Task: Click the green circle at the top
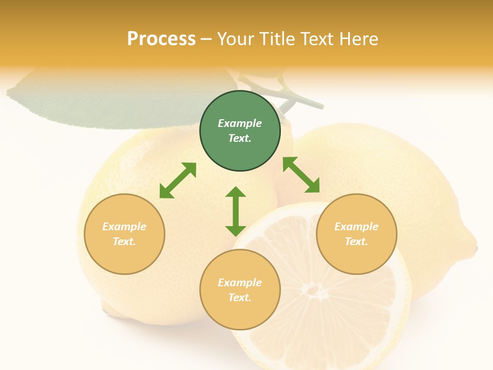click(240, 131)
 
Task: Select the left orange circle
click(124, 234)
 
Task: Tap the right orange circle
click(356, 234)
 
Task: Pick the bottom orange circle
click(240, 289)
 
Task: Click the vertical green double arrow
click(236, 211)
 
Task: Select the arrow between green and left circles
click(178, 180)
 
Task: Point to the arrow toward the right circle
click(301, 175)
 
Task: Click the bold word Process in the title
click(161, 39)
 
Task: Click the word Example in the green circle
click(240, 123)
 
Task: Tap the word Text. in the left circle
click(124, 242)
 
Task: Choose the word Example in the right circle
click(356, 227)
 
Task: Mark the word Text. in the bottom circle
click(240, 298)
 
